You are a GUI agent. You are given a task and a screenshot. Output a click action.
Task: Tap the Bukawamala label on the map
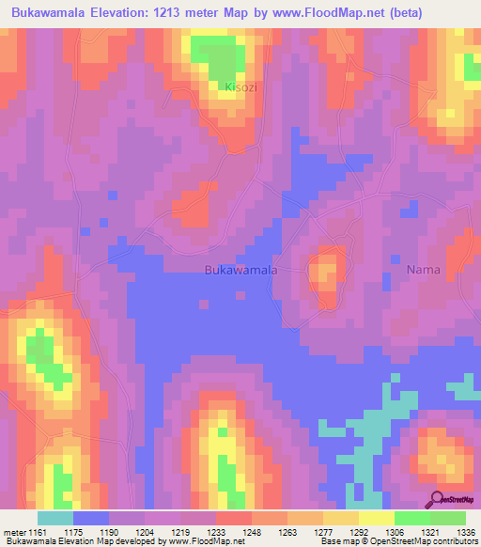240,270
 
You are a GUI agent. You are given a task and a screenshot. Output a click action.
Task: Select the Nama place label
423,270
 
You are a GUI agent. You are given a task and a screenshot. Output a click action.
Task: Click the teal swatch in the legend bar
54,518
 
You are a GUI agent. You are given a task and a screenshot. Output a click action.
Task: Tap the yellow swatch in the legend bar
376,518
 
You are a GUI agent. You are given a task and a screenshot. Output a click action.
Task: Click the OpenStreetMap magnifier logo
437,498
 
